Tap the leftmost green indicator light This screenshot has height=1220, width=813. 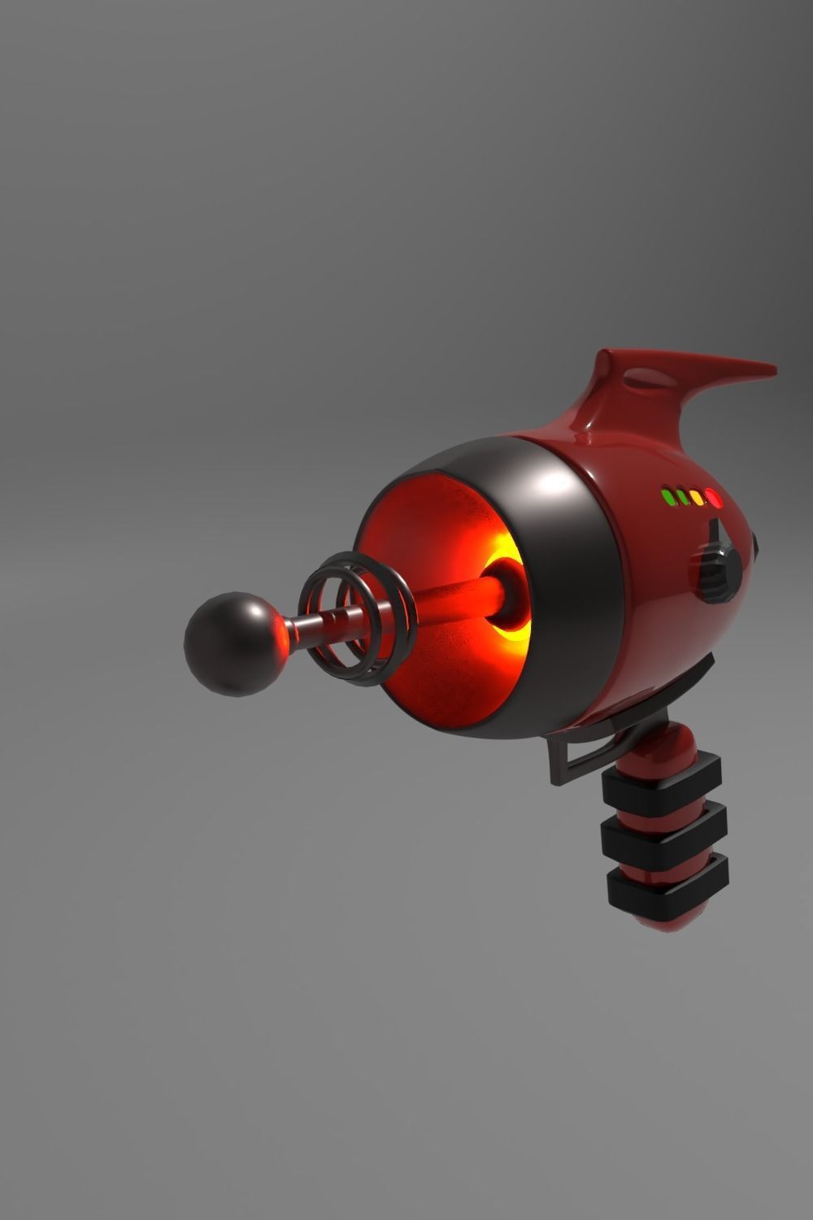point(667,496)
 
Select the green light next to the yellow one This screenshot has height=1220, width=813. point(681,496)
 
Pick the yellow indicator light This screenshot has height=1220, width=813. point(697,497)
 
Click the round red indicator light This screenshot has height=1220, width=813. point(714,497)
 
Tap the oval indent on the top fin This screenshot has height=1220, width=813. point(647,377)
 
